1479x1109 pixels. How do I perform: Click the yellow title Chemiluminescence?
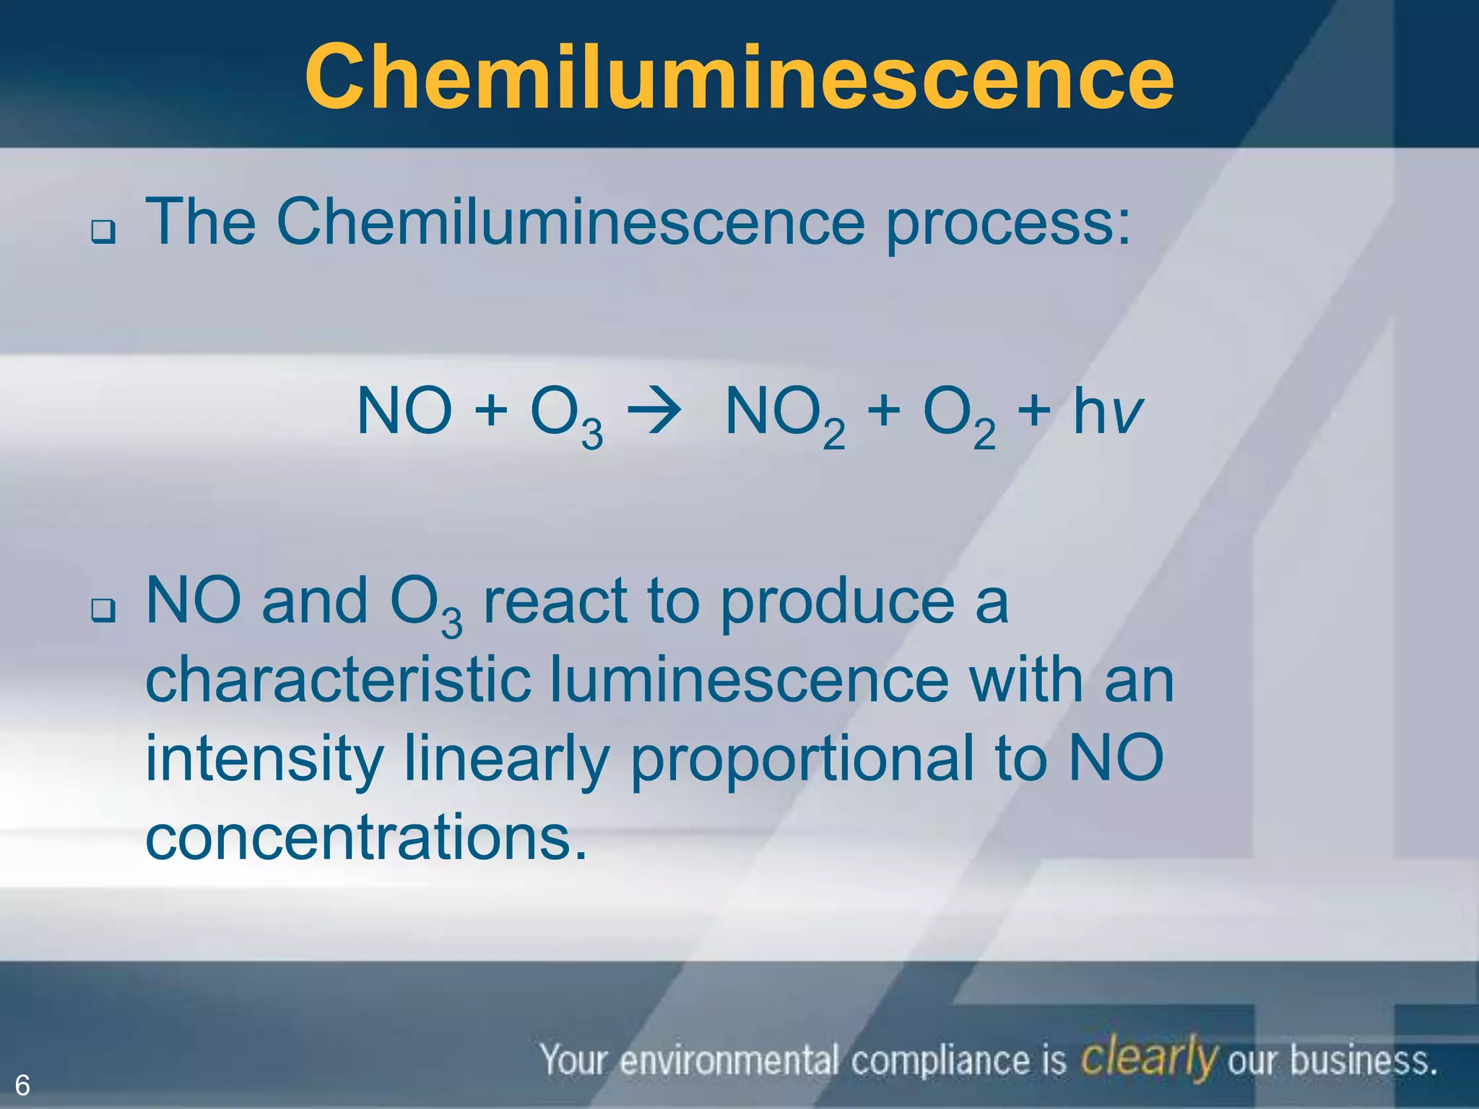point(739,77)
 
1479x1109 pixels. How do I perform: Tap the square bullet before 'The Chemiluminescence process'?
point(103,232)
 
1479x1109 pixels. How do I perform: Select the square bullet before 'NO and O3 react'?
point(103,612)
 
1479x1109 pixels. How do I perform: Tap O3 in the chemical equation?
point(566,416)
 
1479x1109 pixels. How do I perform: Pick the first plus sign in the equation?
point(491,412)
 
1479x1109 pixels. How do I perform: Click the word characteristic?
point(338,680)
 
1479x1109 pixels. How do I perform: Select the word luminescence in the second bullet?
point(750,680)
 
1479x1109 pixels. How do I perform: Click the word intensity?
point(264,760)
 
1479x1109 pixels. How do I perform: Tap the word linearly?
point(506,760)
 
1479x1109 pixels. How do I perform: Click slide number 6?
point(22,1085)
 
